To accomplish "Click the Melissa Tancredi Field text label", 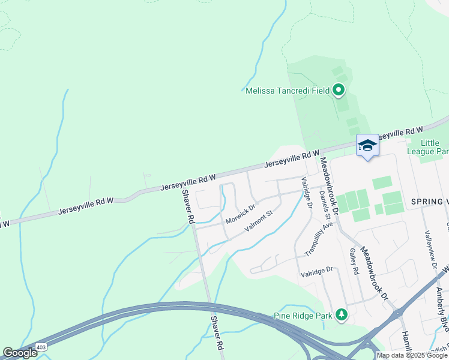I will click(288, 91).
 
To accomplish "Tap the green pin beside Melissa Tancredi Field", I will click(339, 91).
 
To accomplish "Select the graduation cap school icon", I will click(367, 146).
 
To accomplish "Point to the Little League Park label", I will click(429, 147).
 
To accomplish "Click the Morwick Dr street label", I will click(240, 214).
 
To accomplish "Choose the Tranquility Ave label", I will click(318, 239).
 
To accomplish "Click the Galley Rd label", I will click(354, 262).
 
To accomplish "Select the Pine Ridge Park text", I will click(304, 315).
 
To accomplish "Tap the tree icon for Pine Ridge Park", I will click(342, 314).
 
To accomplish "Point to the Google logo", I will click(20, 353).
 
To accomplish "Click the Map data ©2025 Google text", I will click(412, 355).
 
